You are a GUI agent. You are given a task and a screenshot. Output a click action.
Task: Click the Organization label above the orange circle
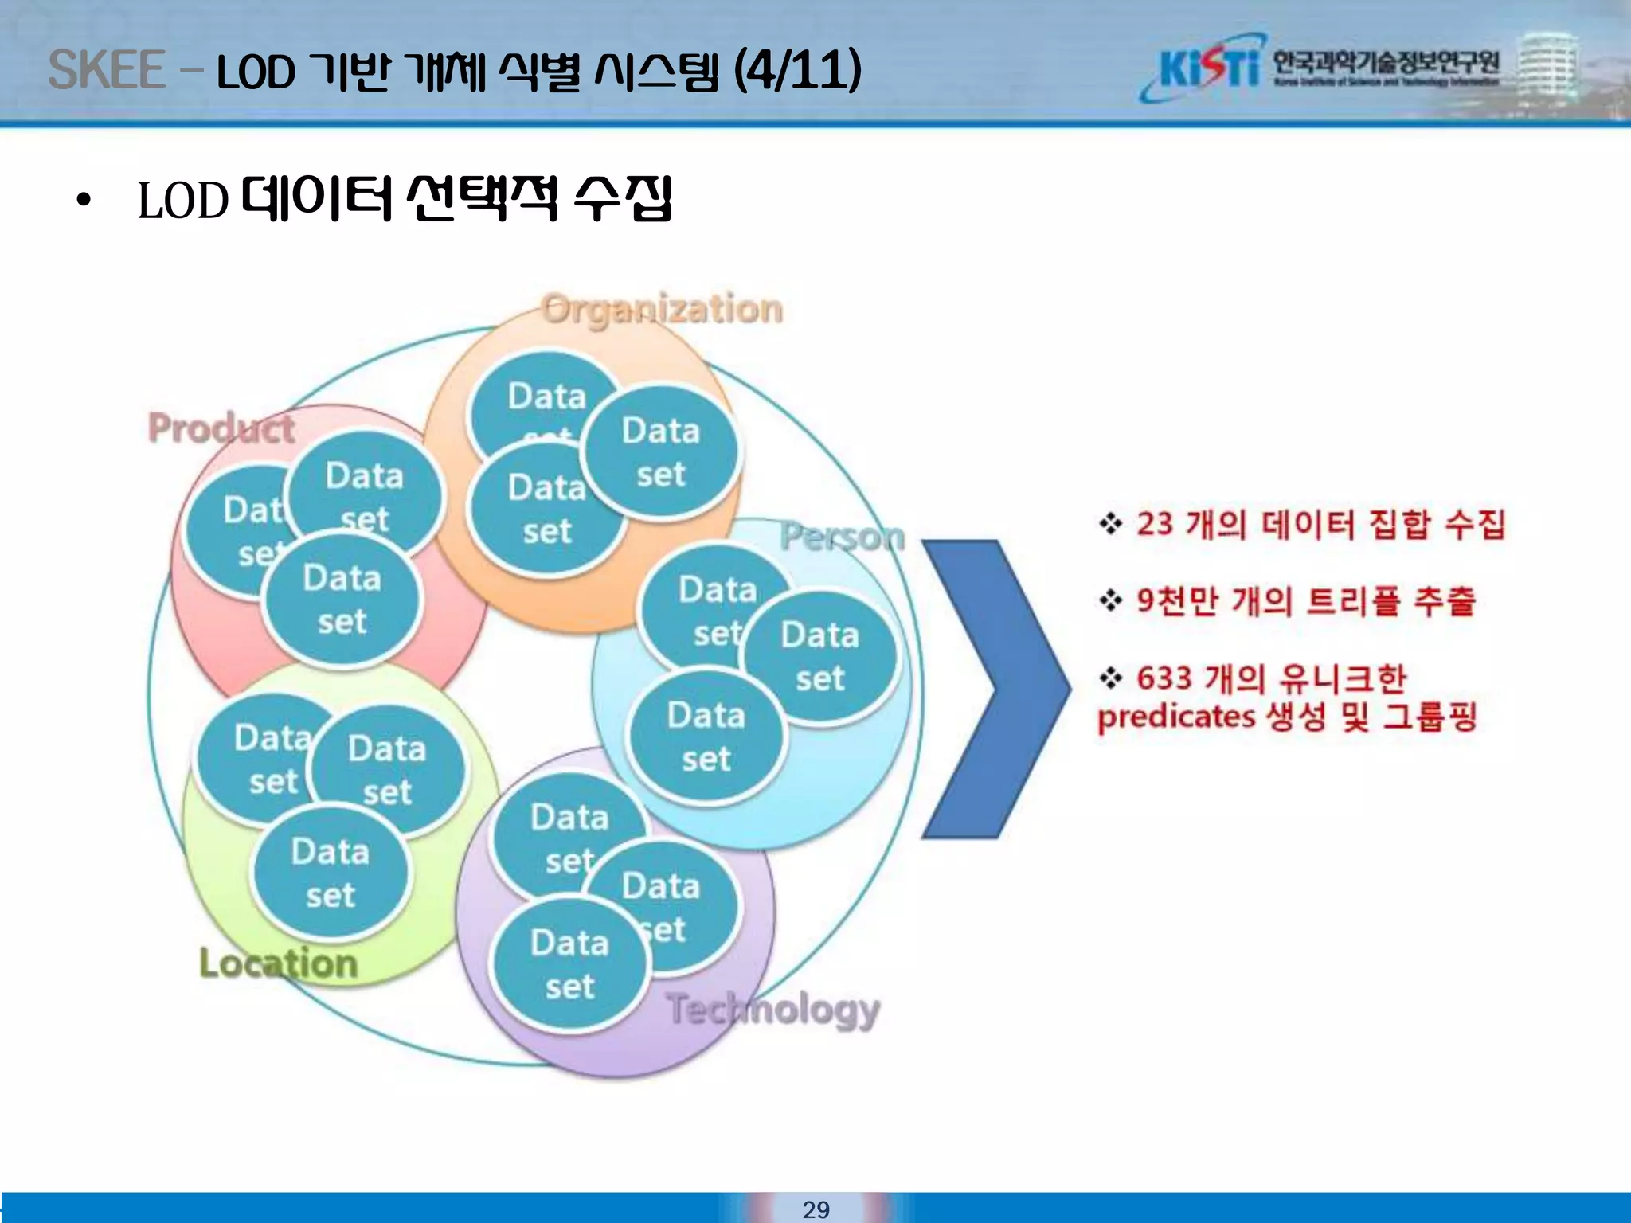[x=662, y=309]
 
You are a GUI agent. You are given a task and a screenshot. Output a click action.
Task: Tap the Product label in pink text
[x=221, y=428]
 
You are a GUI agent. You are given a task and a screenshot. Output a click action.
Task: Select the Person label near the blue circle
[x=842, y=537]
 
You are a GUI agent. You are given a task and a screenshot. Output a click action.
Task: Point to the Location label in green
[x=278, y=963]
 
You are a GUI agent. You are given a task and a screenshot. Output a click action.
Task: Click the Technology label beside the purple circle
[x=772, y=1010]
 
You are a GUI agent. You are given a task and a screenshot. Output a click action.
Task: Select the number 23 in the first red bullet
[x=1154, y=524]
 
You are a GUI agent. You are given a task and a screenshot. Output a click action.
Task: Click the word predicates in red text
[x=1175, y=717]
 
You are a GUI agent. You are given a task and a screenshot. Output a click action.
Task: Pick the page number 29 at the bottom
[x=815, y=1209]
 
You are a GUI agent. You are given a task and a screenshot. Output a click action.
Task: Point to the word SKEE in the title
[x=106, y=70]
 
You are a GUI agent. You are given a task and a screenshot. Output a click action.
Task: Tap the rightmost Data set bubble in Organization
[x=660, y=452]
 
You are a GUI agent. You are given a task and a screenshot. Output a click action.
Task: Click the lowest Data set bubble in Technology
[x=569, y=964]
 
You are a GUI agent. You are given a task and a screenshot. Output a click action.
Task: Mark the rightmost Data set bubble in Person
[x=819, y=657]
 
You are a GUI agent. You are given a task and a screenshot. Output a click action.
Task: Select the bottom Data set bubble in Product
[x=342, y=600]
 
